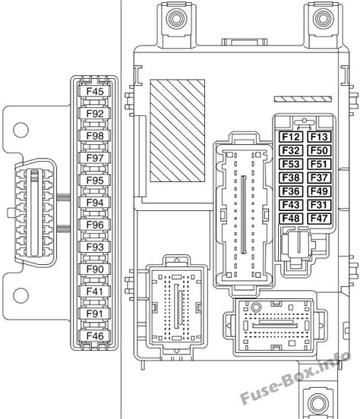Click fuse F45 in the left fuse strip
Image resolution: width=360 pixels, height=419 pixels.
click(x=94, y=91)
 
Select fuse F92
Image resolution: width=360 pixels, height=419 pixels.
click(x=94, y=114)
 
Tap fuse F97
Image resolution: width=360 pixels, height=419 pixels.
click(x=94, y=158)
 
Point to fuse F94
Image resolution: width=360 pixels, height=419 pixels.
click(x=94, y=202)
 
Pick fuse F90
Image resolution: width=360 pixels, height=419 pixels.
click(x=94, y=269)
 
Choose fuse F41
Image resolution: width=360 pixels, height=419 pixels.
click(x=94, y=291)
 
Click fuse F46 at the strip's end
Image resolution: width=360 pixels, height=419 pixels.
click(x=94, y=336)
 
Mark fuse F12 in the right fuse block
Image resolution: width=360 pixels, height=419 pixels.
click(x=291, y=137)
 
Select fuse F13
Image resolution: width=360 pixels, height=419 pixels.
click(x=319, y=137)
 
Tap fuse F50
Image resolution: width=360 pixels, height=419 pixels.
click(x=319, y=150)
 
